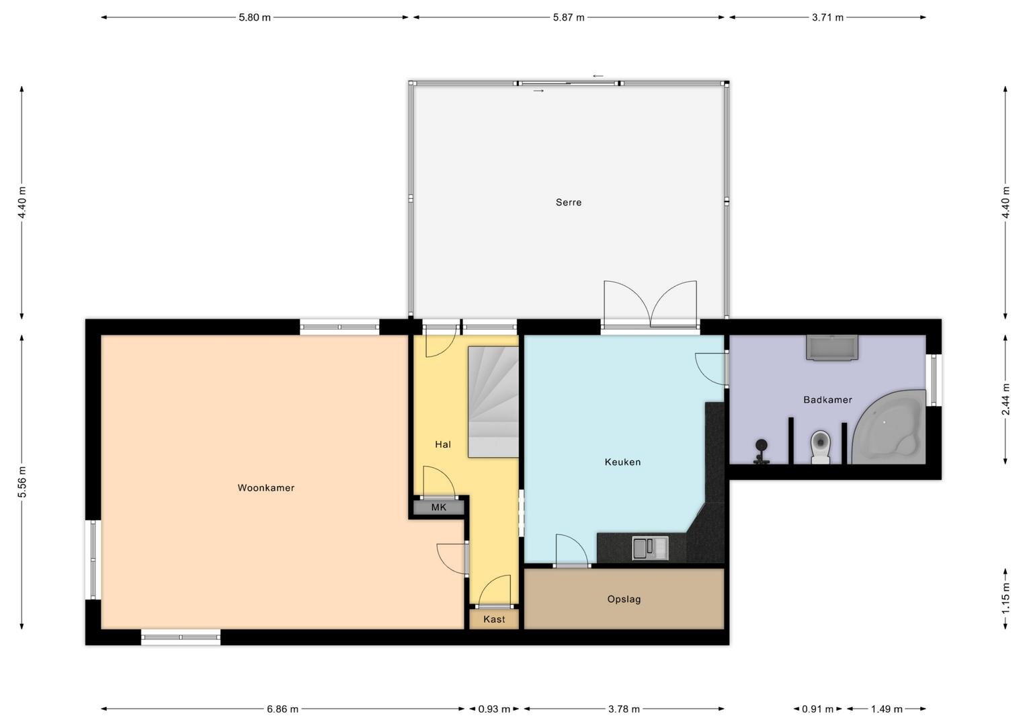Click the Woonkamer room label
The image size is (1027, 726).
click(x=266, y=487)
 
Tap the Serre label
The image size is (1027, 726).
click(x=569, y=202)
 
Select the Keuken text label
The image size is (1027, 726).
click(x=622, y=462)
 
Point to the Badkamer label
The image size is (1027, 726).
click(x=827, y=399)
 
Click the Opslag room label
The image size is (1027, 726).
click(x=624, y=599)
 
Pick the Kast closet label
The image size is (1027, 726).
click(x=494, y=619)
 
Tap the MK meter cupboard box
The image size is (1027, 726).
click(x=439, y=508)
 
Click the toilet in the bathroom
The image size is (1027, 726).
click(x=820, y=447)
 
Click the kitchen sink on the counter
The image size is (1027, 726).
click(x=650, y=548)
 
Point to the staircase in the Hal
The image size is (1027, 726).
click(x=493, y=402)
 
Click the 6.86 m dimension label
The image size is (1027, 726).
click(x=282, y=709)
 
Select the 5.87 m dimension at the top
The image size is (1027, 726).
click(x=569, y=17)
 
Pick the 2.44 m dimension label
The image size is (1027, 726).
click(x=1005, y=399)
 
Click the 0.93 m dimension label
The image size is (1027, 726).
click(x=494, y=709)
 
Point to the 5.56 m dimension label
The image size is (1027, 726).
click(x=22, y=481)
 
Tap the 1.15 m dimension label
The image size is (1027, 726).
click(x=1005, y=598)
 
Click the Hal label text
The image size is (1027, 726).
click(x=443, y=444)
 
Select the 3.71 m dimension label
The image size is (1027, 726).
click(x=827, y=17)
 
